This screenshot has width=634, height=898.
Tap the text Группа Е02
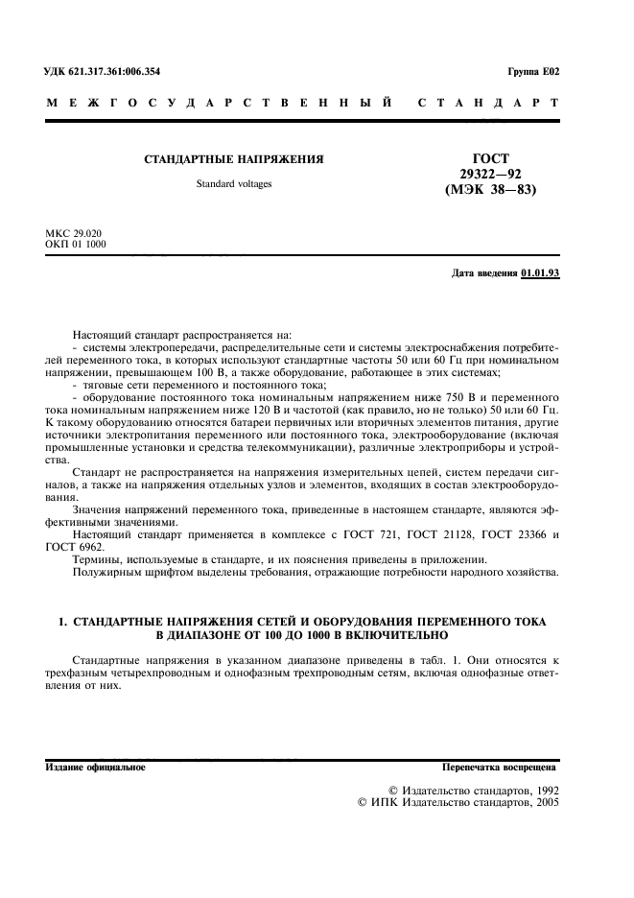coord(533,73)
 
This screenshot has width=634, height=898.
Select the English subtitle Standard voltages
coord(234,183)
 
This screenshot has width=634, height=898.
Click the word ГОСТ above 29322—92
coord(490,159)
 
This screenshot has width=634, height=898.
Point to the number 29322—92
coord(490,174)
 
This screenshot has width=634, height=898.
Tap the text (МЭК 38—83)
coord(490,189)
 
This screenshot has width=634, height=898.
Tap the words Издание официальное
coord(96,768)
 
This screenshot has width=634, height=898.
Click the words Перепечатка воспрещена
coord(498,768)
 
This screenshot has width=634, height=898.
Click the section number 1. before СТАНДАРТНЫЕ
coord(62,622)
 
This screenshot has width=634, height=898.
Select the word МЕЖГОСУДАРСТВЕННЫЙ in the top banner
coord(219,102)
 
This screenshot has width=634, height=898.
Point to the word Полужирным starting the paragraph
coord(105,573)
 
